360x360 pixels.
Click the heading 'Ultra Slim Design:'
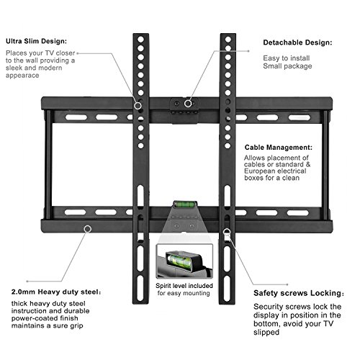tap(36, 41)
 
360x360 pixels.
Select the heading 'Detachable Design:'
tap(297, 42)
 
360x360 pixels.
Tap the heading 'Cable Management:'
tap(279, 148)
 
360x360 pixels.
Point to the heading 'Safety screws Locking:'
tap(299, 293)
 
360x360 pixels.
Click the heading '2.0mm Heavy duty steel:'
tap(56, 292)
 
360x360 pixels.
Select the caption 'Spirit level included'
tap(184, 286)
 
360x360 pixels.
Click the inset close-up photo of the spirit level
tap(184, 261)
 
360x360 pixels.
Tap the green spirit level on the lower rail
tap(184, 204)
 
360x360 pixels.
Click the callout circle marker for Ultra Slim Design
tap(138, 106)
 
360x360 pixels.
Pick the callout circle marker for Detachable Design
tap(188, 104)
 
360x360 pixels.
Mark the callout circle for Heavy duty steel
tap(88, 229)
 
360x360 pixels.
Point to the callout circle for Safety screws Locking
tap(227, 232)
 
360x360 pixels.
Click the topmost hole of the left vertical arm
tap(141, 40)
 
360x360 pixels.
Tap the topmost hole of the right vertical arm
tap(228, 40)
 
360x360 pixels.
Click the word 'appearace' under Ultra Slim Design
tap(22, 76)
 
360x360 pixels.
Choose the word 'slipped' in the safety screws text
tap(266, 333)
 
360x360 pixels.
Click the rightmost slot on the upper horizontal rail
tap(300, 117)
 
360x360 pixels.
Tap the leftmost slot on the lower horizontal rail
tap(75, 212)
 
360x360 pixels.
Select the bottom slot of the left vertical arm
tap(140, 288)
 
